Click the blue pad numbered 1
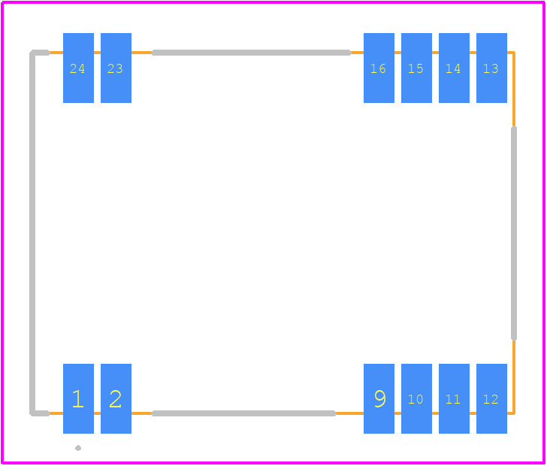(x=78, y=398)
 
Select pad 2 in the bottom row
(x=116, y=398)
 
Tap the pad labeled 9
(x=379, y=398)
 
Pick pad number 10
(x=416, y=398)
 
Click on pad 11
(x=454, y=398)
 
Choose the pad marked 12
(x=491, y=398)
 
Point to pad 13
(x=491, y=68)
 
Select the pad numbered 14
(x=454, y=68)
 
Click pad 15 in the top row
(x=416, y=68)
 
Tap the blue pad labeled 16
(x=379, y=68)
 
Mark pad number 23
(x=116, y=68)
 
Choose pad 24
(x=78, y=68)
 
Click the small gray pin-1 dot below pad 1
(x=78, y=448)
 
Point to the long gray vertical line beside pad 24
(x=32, y=233)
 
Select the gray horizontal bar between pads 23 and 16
(x=251, y=53)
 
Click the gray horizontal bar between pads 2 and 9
(x=244, y=413)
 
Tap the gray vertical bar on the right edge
(x=514, y=233)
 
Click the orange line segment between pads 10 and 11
(x=435, y=413)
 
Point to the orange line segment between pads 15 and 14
(x=435, y=53)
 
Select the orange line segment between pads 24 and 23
(x=98, y=53)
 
